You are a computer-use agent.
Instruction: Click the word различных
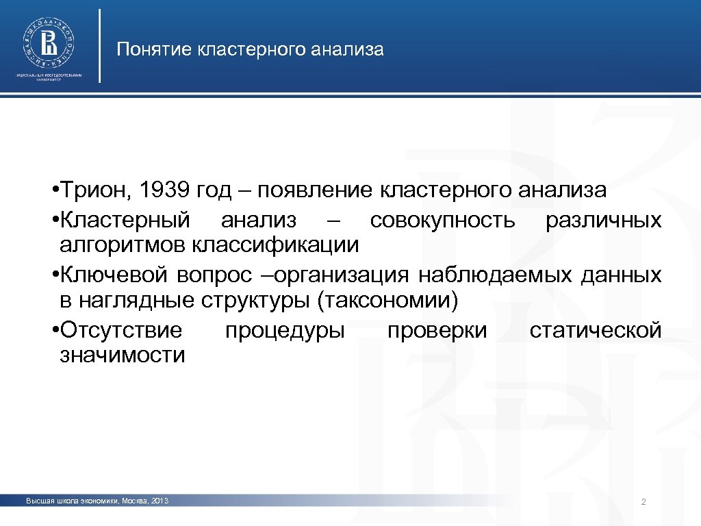click(x=603, y=220)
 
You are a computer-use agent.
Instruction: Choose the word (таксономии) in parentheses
click(x=387, y=299)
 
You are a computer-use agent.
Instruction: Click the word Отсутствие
click(x=121, y=330)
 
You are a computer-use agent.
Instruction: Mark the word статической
click(x=595, y=330)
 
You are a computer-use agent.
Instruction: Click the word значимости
click(x=123, y=355)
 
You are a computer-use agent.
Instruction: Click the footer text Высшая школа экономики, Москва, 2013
click(x=97, y=502)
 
